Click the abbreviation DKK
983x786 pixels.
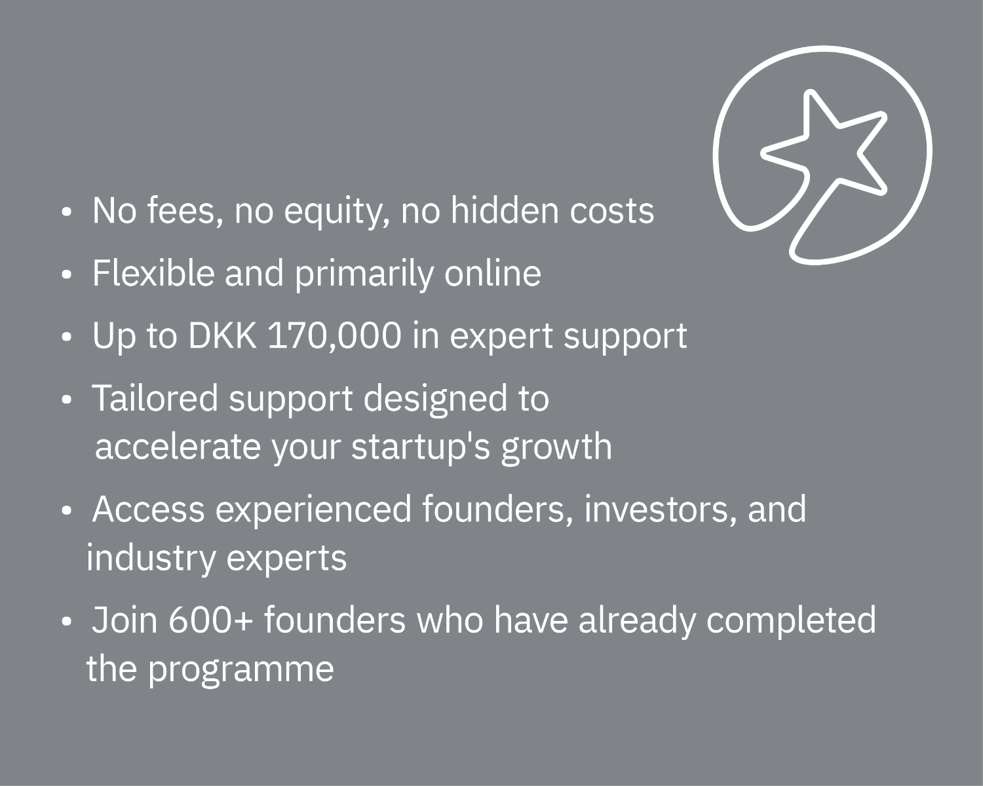[222, 335]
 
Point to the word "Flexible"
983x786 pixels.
[153, 273]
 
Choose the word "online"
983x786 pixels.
[492, 273]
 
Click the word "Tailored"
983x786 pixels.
[155, 398]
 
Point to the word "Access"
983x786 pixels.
[149, 509]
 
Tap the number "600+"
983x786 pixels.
[210, 620]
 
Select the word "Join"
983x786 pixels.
[125, 620]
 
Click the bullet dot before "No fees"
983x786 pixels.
[67, 213]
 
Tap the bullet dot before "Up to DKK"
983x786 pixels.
[67, 337]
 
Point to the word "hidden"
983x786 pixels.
[505, 210]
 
